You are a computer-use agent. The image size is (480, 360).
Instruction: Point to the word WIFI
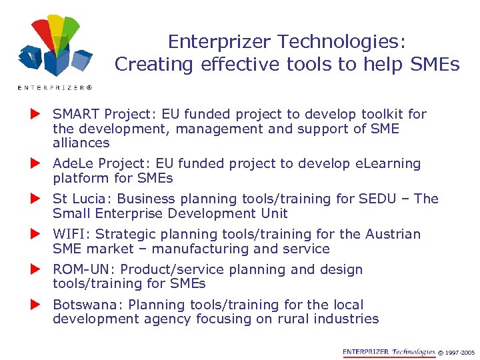67,234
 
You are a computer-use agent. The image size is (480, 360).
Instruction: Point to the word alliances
81,143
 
